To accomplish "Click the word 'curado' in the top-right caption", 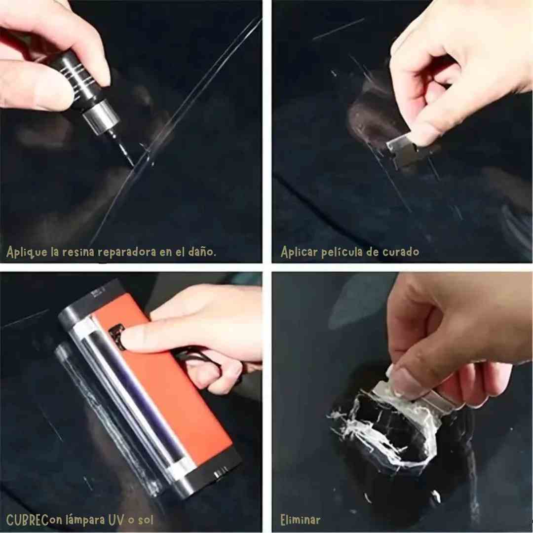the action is click(x=401, y=252).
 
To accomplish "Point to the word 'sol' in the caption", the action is click(x=146, y=520).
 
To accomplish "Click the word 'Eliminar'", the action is click(x=301, y=520).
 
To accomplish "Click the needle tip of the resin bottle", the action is click(x=132, y=164).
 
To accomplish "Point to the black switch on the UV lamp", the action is click(x=116, y=337).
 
